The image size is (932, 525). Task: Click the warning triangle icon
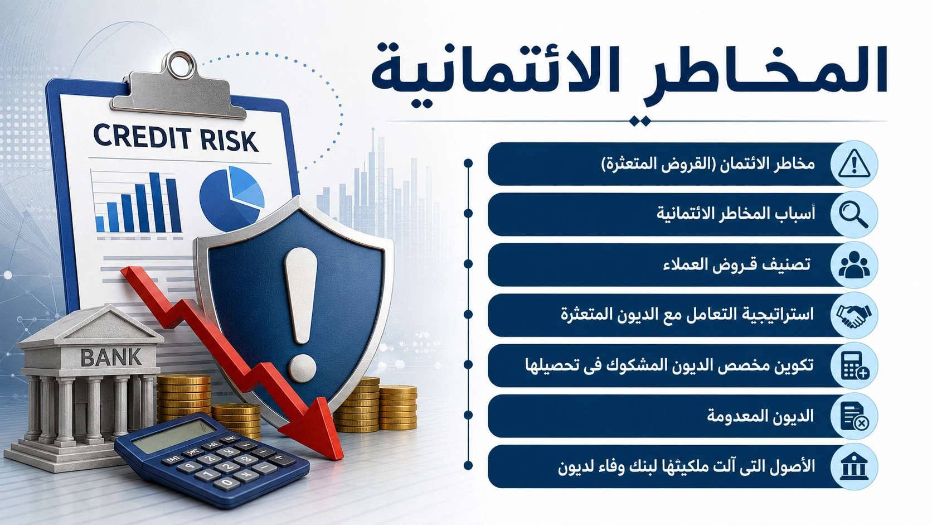click(x=854, y=164)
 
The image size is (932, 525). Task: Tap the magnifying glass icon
click(x=853, y=214)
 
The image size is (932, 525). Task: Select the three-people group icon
click(x=854, y=265)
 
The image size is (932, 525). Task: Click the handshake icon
click(x=854, y=315)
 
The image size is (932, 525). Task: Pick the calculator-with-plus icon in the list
click(x=855, y=365)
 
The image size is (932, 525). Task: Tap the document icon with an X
click(x=854, y=416)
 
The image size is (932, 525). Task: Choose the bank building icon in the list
click(x=854, y=466)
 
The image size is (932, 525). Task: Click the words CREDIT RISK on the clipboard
click(x=175, y=138)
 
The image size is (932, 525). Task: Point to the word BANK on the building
click(x=111, y=357)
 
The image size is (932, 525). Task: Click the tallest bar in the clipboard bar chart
click(x=156, y=203)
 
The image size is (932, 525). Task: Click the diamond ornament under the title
click(x=639, y=121)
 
